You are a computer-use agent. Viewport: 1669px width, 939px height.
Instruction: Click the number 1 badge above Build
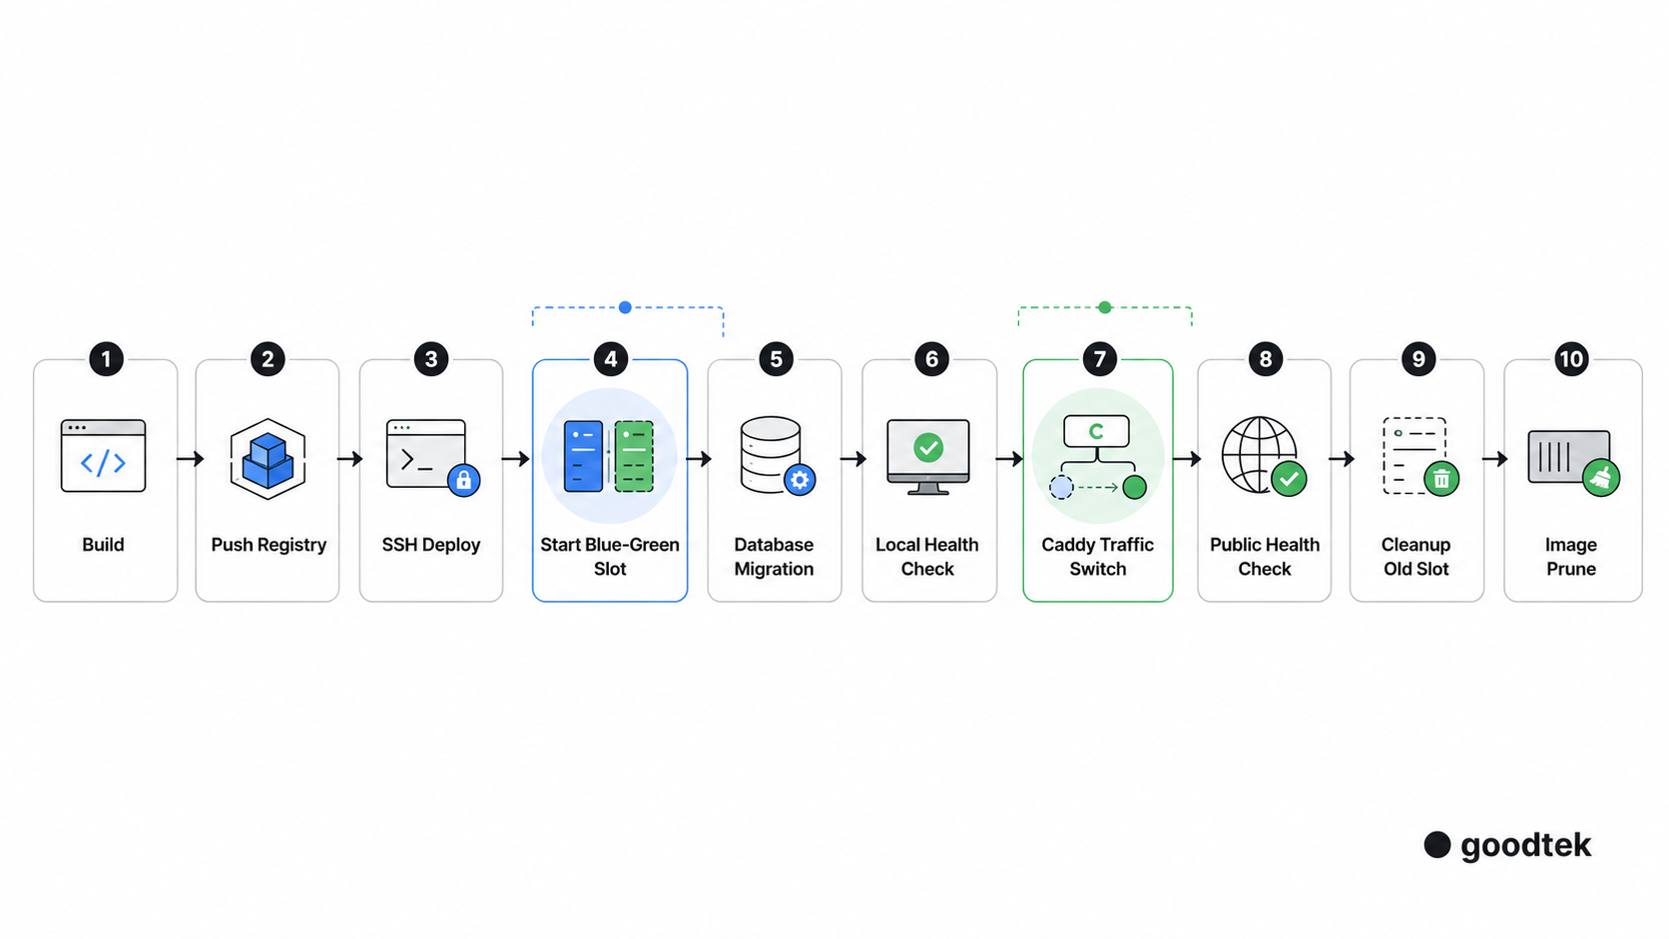point(106,359)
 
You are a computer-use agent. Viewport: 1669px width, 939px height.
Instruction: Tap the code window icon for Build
point(103,456)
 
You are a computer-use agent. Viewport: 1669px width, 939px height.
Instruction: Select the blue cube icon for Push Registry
point(268,459)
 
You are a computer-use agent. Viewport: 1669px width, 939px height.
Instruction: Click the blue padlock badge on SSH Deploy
point(463,480)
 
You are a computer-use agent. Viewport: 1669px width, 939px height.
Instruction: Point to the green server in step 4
point(634,456)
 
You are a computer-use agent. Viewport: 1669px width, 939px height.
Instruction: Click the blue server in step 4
point(583,456)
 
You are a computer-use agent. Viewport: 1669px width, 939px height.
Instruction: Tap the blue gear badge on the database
point(800,480)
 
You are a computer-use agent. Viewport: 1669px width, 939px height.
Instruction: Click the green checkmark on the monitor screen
point(928,447)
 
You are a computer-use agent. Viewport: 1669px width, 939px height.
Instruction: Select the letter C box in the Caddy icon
point(1096,431)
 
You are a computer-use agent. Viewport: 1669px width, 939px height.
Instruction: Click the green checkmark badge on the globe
point(1289,480)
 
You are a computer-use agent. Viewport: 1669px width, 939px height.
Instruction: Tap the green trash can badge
point(1441,479)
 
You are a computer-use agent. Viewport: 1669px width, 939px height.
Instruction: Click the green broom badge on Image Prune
point(1601,478)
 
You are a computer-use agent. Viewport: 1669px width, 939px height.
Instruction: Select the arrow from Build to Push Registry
point(190,459)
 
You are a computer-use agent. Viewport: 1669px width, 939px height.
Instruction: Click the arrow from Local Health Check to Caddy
point(1009,459)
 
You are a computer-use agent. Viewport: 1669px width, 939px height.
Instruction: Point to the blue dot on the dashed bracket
point(625,307)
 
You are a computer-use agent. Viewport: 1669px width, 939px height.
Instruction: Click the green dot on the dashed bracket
point(1105,307)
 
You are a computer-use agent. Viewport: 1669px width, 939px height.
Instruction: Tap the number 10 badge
point(1571,359)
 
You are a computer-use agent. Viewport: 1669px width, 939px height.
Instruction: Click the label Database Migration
point(775,557)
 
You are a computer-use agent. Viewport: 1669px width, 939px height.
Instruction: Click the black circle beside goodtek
point(1437,845)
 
